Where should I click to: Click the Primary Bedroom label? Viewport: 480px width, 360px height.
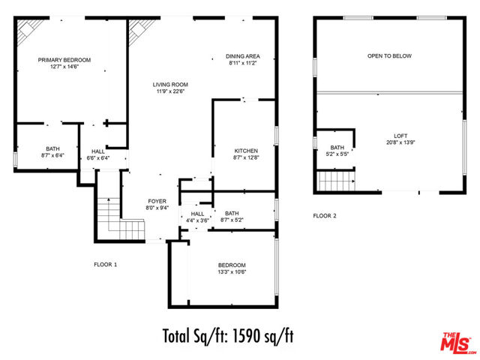tap(64, 60)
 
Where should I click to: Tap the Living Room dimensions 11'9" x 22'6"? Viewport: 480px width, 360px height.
tap(170, 91)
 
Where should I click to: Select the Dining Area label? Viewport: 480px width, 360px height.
tap(243, 56)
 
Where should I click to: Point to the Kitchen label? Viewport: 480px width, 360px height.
tap(246, 151)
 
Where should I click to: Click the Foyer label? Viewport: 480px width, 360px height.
tap(157, 201)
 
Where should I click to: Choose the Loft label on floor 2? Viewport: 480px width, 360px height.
tap(400, 136)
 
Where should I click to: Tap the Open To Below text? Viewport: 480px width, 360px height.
tap(389, 56)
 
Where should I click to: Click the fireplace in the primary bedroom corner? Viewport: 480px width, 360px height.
tap(29, 31)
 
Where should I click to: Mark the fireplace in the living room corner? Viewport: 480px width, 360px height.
tap(141, 31)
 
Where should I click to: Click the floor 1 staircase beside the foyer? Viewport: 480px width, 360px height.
tap(120, 219)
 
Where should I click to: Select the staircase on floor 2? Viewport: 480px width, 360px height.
tap(336, 181)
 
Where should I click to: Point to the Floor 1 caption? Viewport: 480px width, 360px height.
tap(105, 265)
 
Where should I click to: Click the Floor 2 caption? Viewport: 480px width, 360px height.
tap(325, 216)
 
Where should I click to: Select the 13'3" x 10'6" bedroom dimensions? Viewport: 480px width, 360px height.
tap(232, 271)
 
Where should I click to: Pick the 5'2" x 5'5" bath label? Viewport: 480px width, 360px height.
tap(337, 154)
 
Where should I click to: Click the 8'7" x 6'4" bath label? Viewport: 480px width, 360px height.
tap(52, 155)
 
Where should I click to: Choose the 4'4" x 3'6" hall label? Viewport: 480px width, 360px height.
tap(197, 220)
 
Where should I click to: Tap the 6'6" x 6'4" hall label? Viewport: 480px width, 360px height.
tap(98, 158)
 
